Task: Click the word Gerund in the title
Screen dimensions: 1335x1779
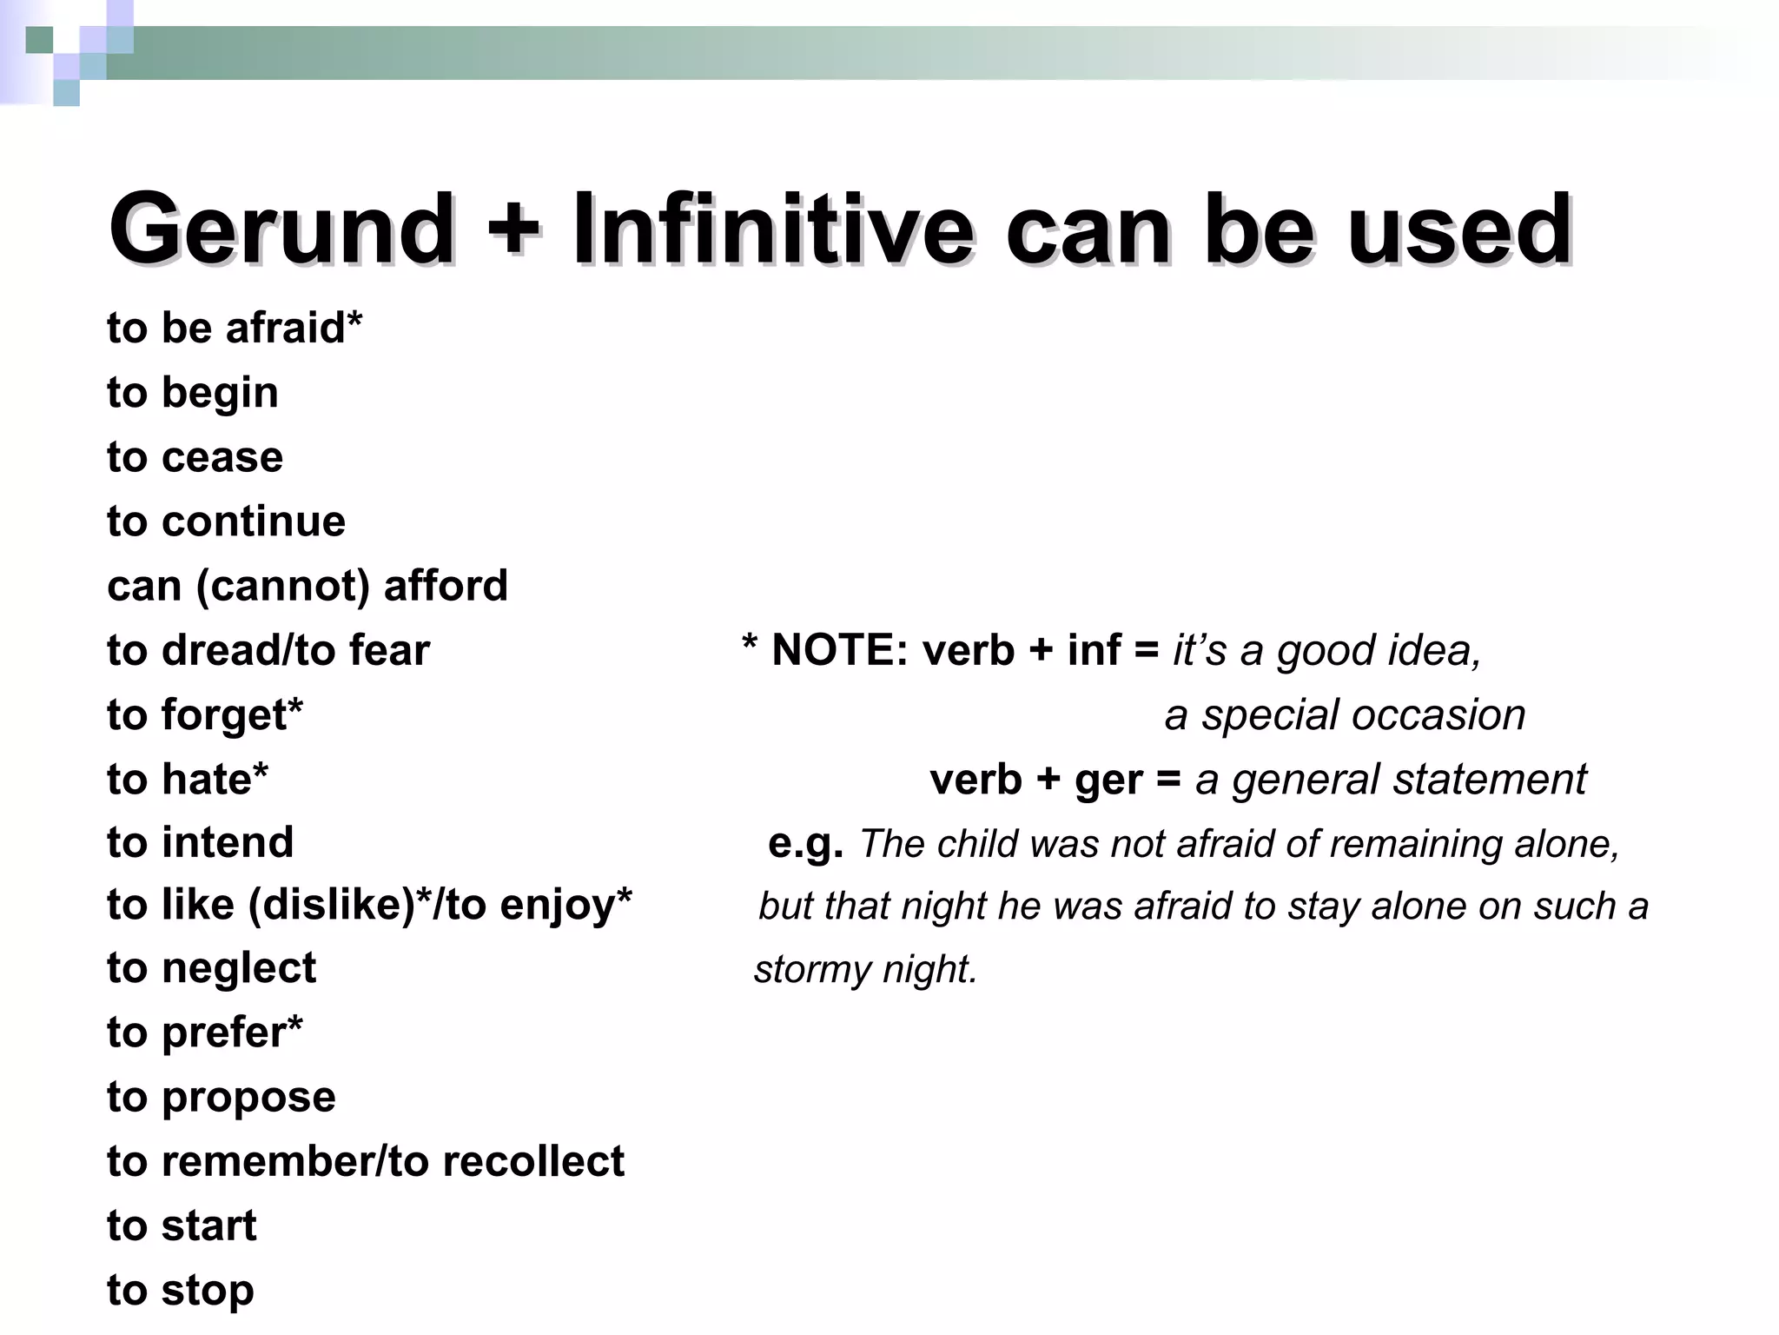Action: pyautogui.click(x=281, y=229)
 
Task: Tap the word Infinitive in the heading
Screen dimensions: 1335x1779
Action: pyautogui.click(x=772, y=229)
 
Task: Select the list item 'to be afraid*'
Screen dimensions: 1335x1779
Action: pyautogui.click(x=235, y=329)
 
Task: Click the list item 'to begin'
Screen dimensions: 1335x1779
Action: pyautogui.click(x=193, y=393)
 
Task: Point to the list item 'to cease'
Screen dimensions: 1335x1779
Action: pyautogui.click(x=195, y=457)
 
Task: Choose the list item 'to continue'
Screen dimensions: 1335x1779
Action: pyautogui.click(x=227, y=521)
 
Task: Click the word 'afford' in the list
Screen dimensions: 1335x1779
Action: pyautogui.click(x=446, y=586)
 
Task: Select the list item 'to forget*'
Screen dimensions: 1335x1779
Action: pyautogui.click(x=205, y=714)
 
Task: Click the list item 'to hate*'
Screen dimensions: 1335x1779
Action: pyautogui.click(x=188, y=779)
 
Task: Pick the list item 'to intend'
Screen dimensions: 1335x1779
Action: pyautogui.click(x=201, y=842)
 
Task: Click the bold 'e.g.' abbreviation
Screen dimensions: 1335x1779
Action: pyautogui.click(x=805, y=843)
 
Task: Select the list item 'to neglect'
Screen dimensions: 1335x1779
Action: pyautogui.click(x=212, y=968)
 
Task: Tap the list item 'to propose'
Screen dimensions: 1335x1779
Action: pyautogui.click(x=222, y=1097)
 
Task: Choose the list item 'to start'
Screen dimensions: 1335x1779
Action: pyautogui.click(x=182, y=1225)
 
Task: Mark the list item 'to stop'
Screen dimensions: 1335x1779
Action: pyautogui.click(x=181, y=1290)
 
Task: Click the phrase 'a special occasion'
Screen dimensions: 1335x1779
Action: pyautogui.click(x=1345, y=715)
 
